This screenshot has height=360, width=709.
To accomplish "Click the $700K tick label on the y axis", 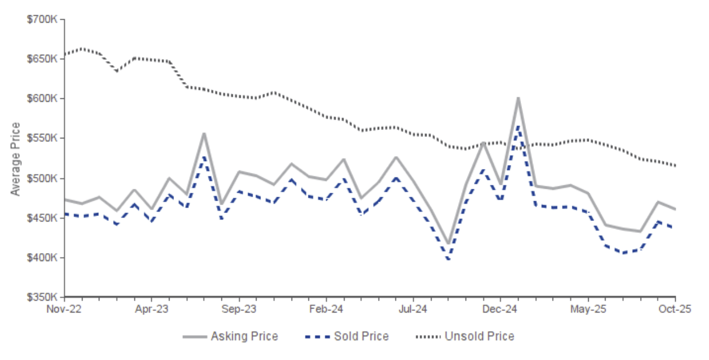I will (42, 20).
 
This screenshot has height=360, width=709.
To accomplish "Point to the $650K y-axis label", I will (42, 59).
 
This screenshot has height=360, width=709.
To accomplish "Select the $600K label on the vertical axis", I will (42, 99).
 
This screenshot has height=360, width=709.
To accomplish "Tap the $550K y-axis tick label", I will (42, 138).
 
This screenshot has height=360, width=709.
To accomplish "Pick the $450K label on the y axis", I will (42, 218).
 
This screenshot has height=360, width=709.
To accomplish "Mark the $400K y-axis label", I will (42, 258).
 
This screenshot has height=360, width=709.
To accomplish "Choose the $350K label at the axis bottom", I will (42, 297).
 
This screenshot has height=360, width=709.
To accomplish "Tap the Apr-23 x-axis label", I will (152, 309).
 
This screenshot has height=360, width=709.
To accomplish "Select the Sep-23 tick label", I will (239, 309).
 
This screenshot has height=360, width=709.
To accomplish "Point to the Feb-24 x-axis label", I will (327, 309).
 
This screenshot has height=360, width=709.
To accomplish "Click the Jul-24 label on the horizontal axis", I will (413, 309).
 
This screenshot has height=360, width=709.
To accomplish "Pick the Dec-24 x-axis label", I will (501, 309).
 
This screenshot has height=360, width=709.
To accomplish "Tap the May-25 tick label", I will (588, 309).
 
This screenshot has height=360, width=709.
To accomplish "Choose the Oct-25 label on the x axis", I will (675, 309).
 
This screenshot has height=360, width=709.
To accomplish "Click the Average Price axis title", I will (16, 159).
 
